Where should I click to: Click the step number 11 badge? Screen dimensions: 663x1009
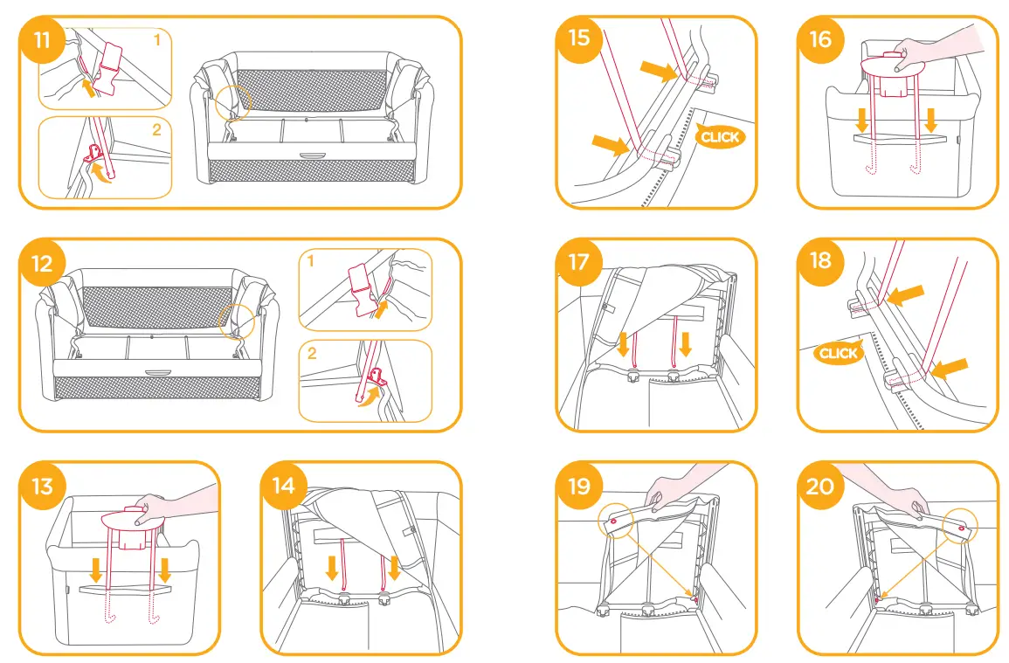41,39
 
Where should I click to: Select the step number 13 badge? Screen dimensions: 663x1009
41,485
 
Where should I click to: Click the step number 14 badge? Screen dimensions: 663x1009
283,485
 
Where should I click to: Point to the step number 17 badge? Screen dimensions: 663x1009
579,261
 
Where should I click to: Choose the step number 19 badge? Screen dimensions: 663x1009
579,485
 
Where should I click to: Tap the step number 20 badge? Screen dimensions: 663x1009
820,485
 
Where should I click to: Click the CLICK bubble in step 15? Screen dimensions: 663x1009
720,136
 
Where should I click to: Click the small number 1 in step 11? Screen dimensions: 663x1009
157,40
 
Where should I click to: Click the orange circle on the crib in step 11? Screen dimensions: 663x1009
233,103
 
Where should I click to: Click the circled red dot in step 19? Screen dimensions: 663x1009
614,521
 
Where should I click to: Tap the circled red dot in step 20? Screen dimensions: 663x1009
961,529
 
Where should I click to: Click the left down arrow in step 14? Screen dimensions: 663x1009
331,569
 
